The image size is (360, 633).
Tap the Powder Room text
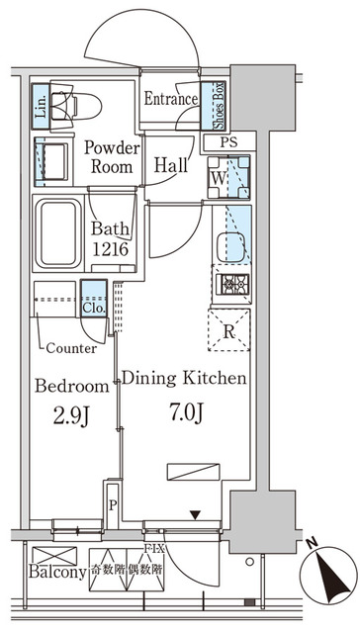click(114, 156)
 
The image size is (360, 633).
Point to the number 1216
click(111, 250)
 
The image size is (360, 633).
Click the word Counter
click(71, 348)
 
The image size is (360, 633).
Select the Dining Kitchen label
click(183, 378)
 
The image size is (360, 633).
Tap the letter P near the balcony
click(114, 504)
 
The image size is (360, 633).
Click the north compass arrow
click(331, 572)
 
